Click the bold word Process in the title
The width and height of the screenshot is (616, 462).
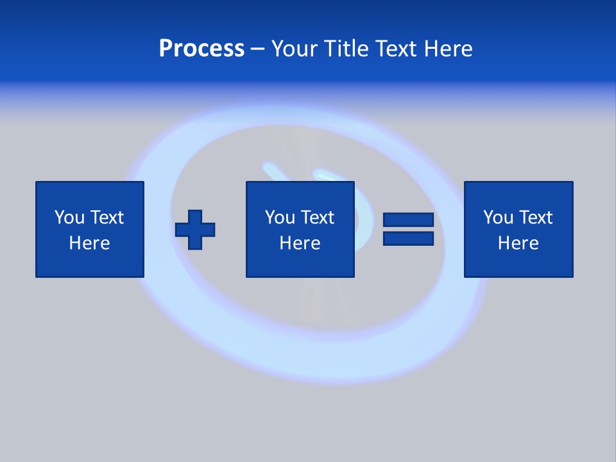point(201,49)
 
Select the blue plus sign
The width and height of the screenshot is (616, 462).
point(195,230)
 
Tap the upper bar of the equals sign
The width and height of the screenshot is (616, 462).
point(408,220)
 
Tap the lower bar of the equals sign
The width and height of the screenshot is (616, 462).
point(408,238)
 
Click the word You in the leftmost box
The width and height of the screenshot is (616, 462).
point(69,218)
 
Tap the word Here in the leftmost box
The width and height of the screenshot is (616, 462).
point(90,243)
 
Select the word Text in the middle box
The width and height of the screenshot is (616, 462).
point(317,218)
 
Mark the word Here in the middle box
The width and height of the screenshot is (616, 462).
point(300,243)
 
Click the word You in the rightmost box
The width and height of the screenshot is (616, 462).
point(498,218)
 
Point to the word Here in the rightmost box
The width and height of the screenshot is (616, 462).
point(518,243)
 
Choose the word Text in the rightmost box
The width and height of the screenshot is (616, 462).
point(535,218)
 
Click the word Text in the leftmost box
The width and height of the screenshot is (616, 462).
point(107,218)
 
